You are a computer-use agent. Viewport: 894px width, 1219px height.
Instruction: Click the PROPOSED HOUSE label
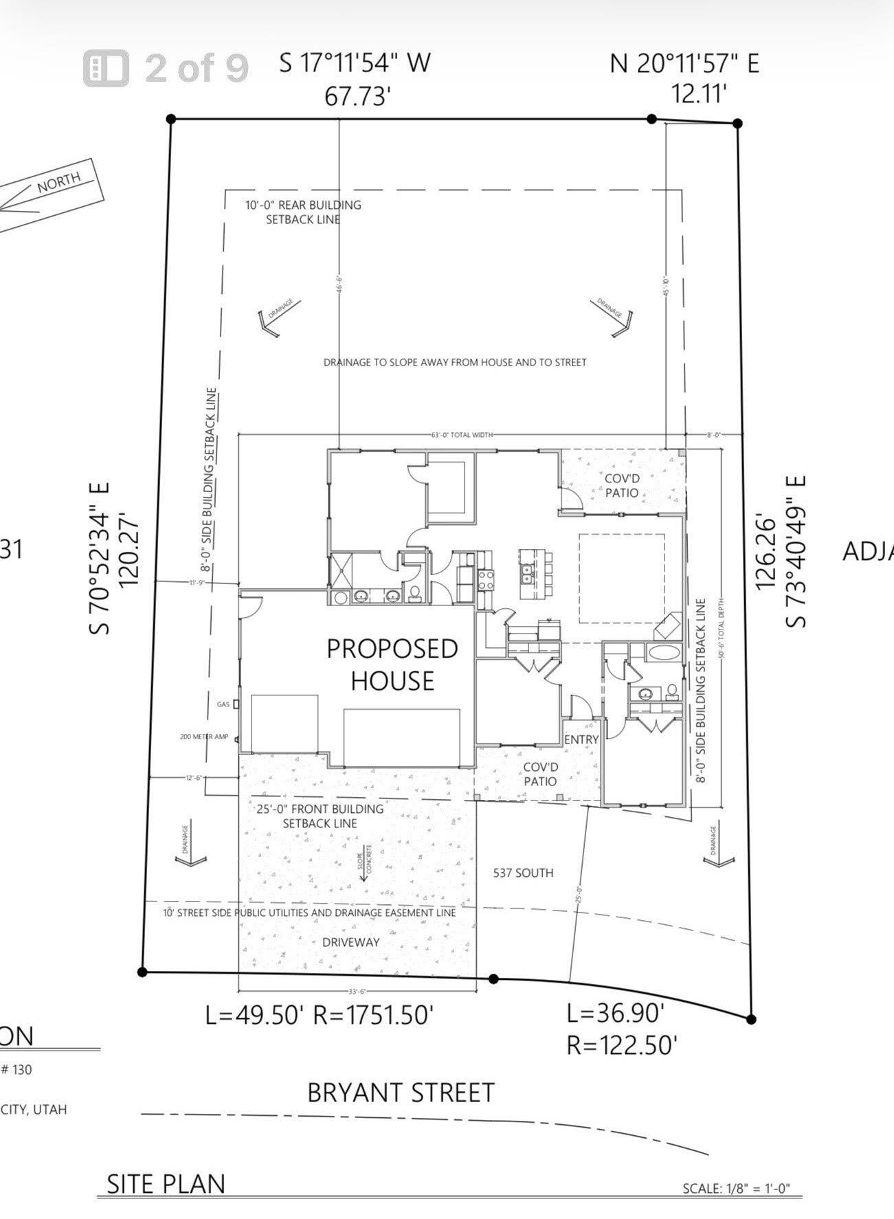tap(392, 664)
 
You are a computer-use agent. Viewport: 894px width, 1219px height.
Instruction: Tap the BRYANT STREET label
tap(401, 1093)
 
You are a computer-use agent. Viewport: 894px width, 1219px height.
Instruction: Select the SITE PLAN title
tap(166, 1184)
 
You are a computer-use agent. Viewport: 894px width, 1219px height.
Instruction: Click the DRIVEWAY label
tap(350, 942)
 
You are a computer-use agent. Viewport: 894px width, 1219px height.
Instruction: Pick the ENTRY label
tap(581, 739)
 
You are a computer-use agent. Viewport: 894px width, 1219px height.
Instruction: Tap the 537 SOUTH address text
tap(523, 873)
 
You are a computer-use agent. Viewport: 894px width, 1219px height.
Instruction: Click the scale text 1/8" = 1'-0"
tap(737, 1188)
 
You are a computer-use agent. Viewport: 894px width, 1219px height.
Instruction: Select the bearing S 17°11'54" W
tap(355, 63)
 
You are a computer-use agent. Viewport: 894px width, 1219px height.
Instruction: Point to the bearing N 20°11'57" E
tap(684, 64)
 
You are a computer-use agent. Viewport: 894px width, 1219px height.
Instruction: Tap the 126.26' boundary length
tap(766, 551)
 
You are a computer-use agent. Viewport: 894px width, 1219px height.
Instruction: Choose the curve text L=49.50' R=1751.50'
tap(320, 1015)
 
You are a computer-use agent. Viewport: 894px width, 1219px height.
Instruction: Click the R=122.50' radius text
tap(622, 1045)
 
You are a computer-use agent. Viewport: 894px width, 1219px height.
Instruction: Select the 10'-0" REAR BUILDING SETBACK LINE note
tap(303, 212)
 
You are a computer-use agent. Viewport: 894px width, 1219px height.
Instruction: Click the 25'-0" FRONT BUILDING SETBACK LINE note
tap(320, 816)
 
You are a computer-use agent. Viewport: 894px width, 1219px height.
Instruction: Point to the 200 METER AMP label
tap(203, 737)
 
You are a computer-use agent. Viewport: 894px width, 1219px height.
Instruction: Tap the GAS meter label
tap(223, 704)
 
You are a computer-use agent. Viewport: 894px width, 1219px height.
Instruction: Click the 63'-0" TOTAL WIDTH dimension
tap(462, 435)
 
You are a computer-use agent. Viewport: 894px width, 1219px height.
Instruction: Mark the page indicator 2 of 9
tap(196, 68)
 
